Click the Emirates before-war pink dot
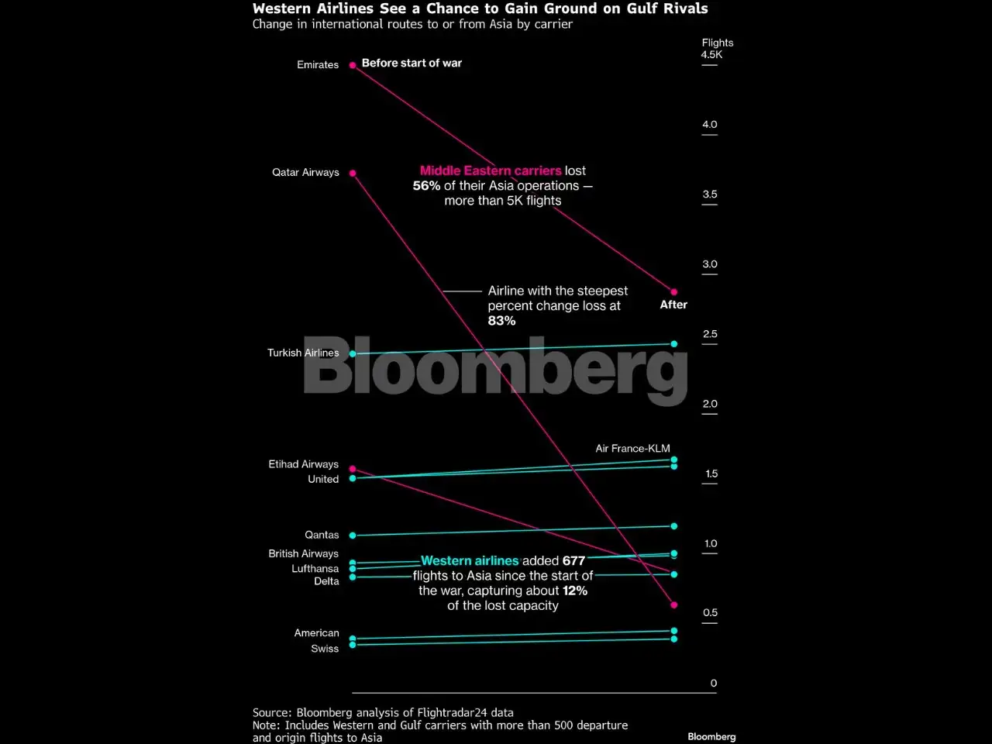(x=353, y=65)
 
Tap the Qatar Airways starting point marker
(x=353, y=173)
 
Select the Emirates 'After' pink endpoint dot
(x=673, y=292)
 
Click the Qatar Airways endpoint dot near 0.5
(x=673, y=604)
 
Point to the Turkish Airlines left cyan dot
(x=353, y=353)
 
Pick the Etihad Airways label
(x=303, y=464)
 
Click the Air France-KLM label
(x=632, y=448)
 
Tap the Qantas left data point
(x=353, y=536)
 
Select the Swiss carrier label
(x=325, y=649)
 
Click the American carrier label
(x=316, y=633)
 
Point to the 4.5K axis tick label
(x=711, y=55)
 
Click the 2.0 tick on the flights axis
(x=710, y=404)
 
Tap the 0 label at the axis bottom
(x=714, y=683)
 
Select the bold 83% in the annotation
(x=501, y=321)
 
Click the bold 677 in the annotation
(x=574, y=560)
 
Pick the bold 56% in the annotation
(x=426, y=186)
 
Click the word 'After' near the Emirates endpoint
(x=673, y=305)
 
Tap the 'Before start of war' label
(x=412, y=63)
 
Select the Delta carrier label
(x=326, y=581)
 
